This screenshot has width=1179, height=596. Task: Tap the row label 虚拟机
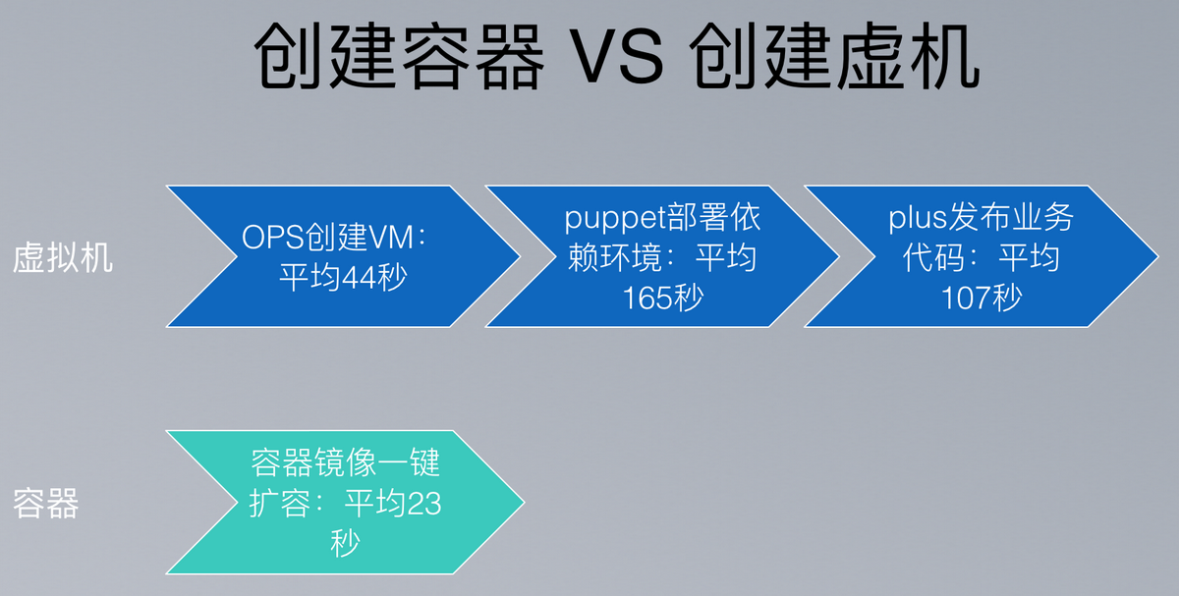click(63, 258)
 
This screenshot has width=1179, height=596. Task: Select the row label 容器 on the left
click(46, 504)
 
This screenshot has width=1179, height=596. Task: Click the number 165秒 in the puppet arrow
click(662, 298)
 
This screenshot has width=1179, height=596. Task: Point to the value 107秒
click(982, 298)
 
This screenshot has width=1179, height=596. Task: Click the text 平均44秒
click(343, 277)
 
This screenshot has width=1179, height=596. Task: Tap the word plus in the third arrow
click(918, 217)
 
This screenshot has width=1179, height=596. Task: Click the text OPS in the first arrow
click(273, 238)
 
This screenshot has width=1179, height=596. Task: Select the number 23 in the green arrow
click(424, 504)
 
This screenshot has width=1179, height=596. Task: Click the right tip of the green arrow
click(525, 503)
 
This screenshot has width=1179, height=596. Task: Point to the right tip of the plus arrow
click(1158, 256)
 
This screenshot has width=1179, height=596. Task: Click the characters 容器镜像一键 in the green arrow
click(345, 462)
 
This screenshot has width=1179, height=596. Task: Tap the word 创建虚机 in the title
click(835, 57)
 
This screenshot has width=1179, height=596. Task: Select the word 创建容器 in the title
click(399, 57)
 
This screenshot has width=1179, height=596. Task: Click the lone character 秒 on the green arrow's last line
click(345, 543)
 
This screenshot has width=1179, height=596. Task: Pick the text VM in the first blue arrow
click(391, 238)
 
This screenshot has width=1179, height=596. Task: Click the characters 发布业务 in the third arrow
click(1011, 217)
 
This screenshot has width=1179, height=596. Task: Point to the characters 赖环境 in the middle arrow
click(615, 257)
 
